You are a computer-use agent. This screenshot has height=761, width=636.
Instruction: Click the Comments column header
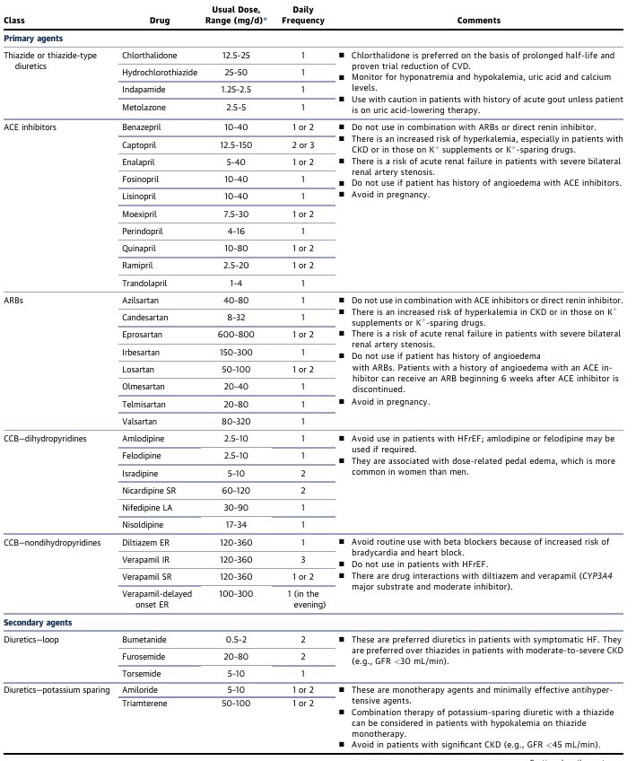[479, 20]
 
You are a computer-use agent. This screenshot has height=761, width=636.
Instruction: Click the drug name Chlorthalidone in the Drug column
[150, 56]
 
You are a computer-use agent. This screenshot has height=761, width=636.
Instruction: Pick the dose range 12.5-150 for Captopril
[236, 145]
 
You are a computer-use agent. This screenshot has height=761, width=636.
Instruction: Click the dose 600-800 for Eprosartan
[236, 333]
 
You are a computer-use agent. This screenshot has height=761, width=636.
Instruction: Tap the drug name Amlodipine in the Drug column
[144, 438]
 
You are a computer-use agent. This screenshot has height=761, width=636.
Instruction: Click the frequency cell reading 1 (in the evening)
[303, 599]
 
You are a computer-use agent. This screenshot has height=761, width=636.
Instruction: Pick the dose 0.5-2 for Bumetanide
[236, 639]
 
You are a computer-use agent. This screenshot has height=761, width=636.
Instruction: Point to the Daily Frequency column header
[303, 14]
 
